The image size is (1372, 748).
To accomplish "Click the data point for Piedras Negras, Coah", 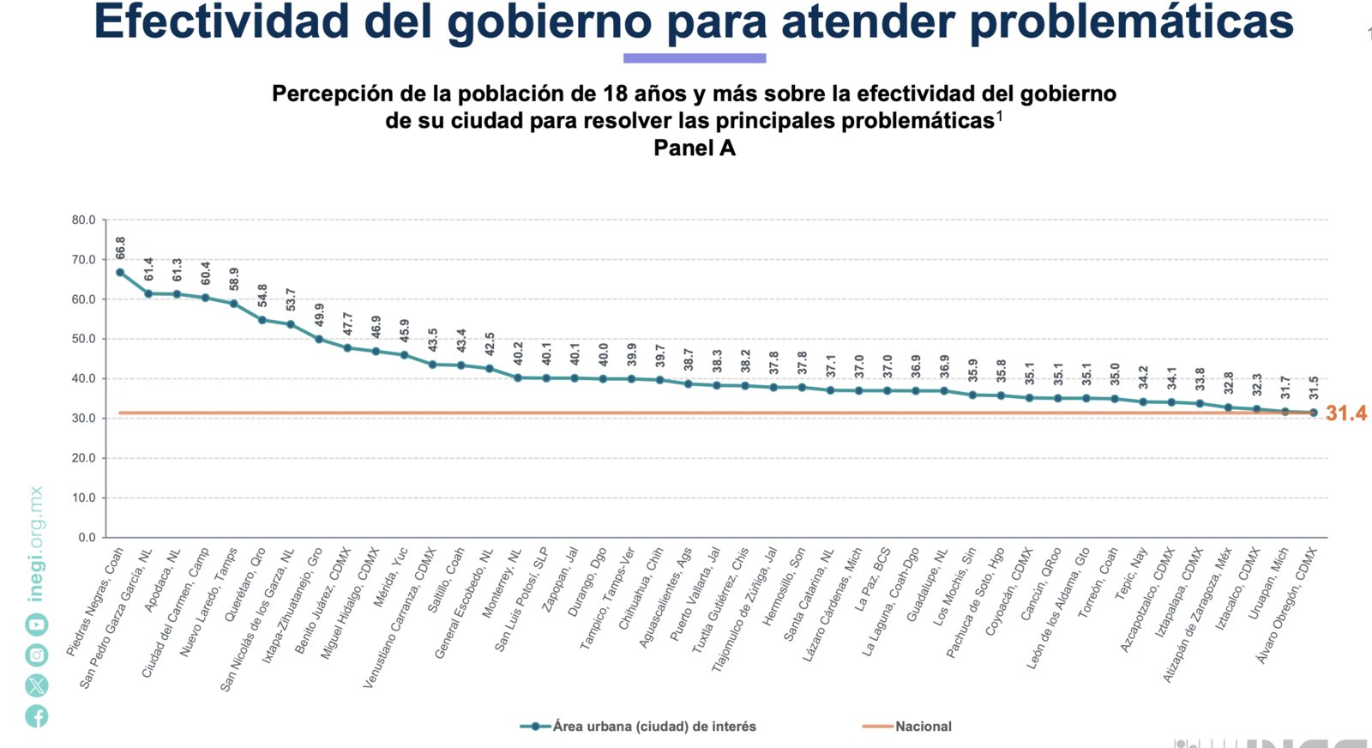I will point(120,273).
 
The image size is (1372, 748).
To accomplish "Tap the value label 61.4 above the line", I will point(149,269).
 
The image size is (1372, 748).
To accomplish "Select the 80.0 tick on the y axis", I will point(84,220).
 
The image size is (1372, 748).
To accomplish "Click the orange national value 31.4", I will point(1346,413).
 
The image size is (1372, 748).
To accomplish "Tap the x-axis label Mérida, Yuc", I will point(391,578).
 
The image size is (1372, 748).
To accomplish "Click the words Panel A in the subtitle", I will point(694,148).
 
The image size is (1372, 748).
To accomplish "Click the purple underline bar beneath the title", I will point(695,58).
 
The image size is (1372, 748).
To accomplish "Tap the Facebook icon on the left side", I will point(36,716).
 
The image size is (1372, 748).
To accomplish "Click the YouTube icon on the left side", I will point(36,625).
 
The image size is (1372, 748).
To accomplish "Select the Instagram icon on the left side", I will point(36,655).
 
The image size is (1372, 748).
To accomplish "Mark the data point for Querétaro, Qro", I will point(262,320).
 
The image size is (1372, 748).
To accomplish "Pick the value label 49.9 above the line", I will point(320,315).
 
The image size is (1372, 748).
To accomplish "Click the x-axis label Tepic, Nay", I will point(1131,573).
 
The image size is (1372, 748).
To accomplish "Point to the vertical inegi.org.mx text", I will point(36,545).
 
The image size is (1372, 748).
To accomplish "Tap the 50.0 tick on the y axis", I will point(84,339).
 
